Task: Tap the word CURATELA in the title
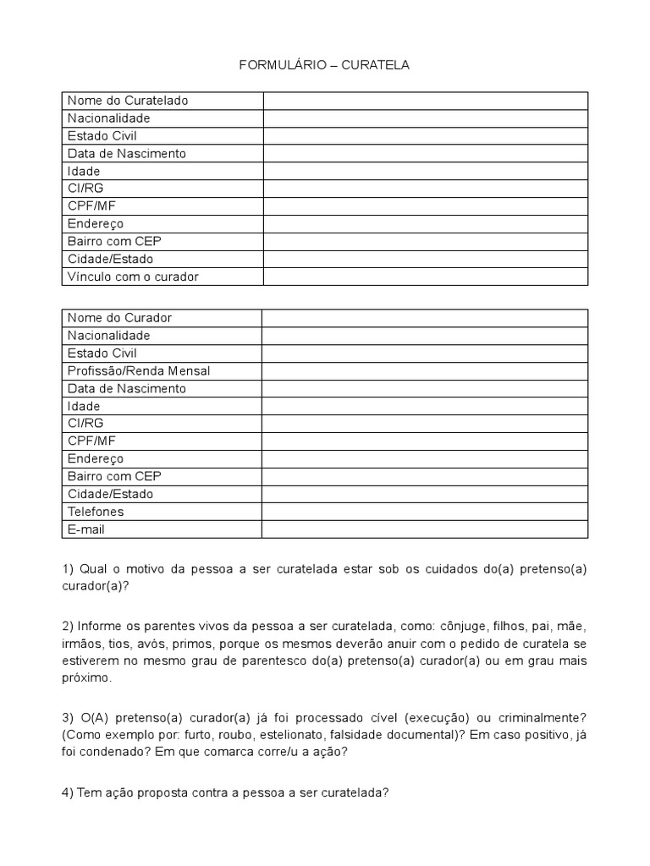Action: coord(375,65)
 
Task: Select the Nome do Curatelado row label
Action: coord(128,101)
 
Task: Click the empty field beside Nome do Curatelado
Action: coord(425,101)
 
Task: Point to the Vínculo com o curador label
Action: coord(133,277)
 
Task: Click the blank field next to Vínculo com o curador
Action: coord(425,277)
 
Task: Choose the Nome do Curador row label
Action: coord(119,318)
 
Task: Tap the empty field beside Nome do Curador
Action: coord(425,318)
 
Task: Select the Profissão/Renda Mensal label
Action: coord(139,370)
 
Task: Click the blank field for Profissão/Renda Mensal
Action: coord(425,370)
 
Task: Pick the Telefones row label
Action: coord(96,512)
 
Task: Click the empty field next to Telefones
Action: coord(425,512)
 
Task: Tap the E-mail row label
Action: coord(86,529)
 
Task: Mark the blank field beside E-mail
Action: coord(425,529)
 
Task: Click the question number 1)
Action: coord(68,569)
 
